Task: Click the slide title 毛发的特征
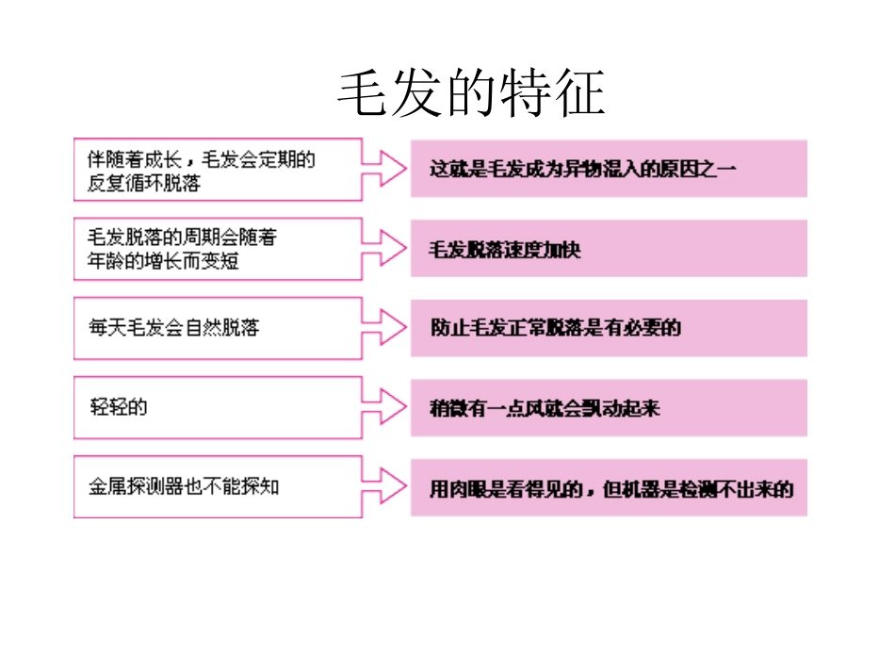pyautogui.click(x=471, y=94)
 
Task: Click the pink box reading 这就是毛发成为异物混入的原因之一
pyautogui.click(x=609, y=169)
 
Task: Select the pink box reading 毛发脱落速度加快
pyautogui.click(x=609, y=249)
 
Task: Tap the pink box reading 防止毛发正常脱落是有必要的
pyautogui.click(x=609, y=328)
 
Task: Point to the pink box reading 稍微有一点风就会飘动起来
pyautogui.click(x=609, y=408)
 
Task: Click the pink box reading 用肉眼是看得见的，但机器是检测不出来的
pyautogui.click(x=609, y=488)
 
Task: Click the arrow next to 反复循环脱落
pyautogui.click(x=385, y=170)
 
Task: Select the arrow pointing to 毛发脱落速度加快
pyautogui.click(x=385, y=249)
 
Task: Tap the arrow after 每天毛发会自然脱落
pyautogui.click(x=385, y=328)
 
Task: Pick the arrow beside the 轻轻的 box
pyautogui.click(x=385, y=407)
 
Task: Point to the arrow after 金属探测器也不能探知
pyautogui.click(x=385, y=486)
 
